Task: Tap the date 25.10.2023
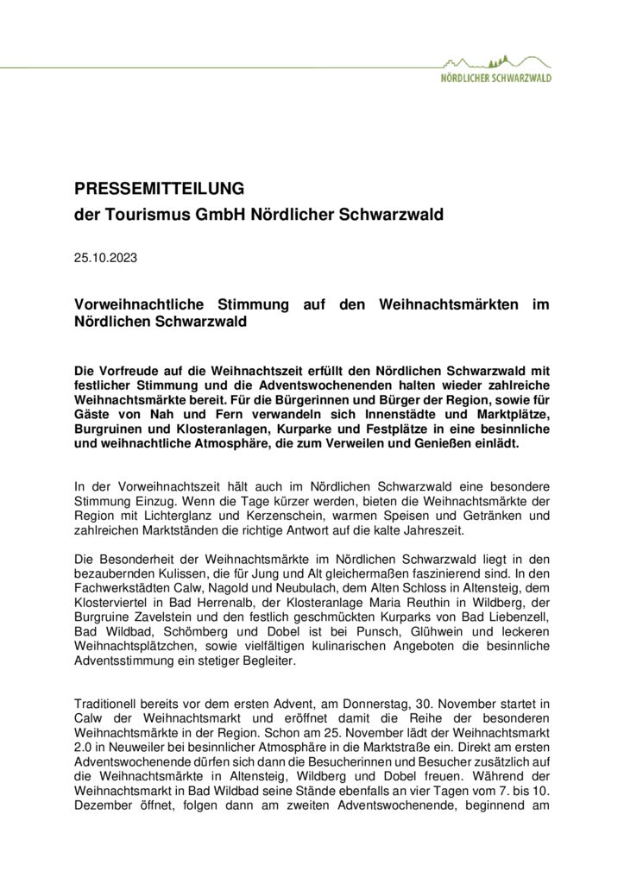105,257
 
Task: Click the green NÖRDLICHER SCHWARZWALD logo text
496,78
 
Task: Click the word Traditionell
110,705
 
